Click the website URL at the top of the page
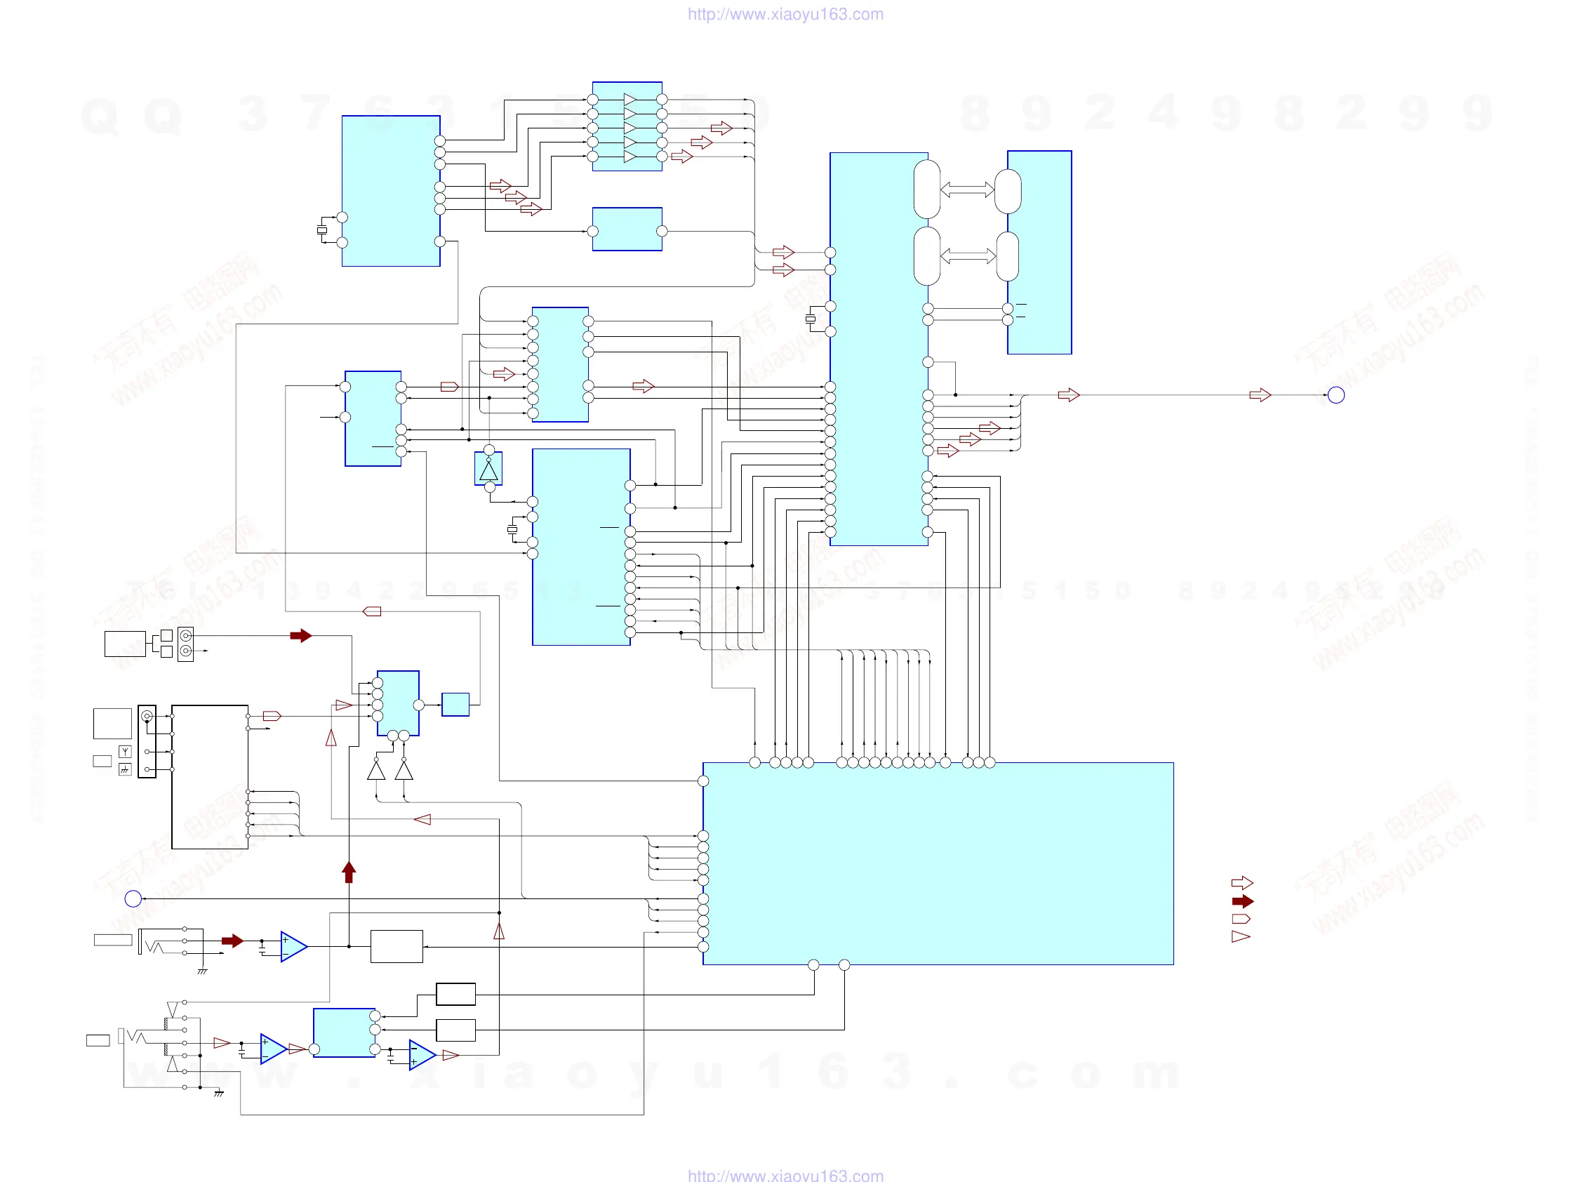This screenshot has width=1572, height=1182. click(x=785, y=14)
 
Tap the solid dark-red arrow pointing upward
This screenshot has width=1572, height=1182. click(x=348, y=871)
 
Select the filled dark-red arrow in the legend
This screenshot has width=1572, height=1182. click(x=1242, y=901)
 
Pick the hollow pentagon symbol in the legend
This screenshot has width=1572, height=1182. click(x=1241, y=919)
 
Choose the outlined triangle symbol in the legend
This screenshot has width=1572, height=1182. click(x=1240, y=937)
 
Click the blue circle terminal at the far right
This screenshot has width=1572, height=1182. click(x=1336, y=395)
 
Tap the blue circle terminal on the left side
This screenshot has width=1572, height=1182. click(x=133, y=899)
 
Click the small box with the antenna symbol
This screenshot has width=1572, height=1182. click(x=125, y=751)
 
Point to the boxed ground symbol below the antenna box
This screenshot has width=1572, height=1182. click(x=125, y=769)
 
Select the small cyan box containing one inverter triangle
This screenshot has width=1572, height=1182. click(x=488, y=469)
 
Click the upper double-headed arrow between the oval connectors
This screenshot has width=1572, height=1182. click(x=967, y=190)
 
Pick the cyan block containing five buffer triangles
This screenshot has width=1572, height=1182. click(x=627, y=126)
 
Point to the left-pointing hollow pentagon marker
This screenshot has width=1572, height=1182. click(x=372, y=611)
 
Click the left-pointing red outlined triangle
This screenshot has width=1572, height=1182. click(x=422, y=820)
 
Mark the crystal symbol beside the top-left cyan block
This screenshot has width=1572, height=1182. click(x=322, y=230)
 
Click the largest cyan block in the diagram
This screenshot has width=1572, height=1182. click(x=938, y=863)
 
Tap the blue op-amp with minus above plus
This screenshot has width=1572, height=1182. click(x=422, y=1056)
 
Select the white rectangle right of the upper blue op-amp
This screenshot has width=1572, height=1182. click(x=397, y=947)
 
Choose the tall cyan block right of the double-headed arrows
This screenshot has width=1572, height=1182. click(x=1040, y=252)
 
